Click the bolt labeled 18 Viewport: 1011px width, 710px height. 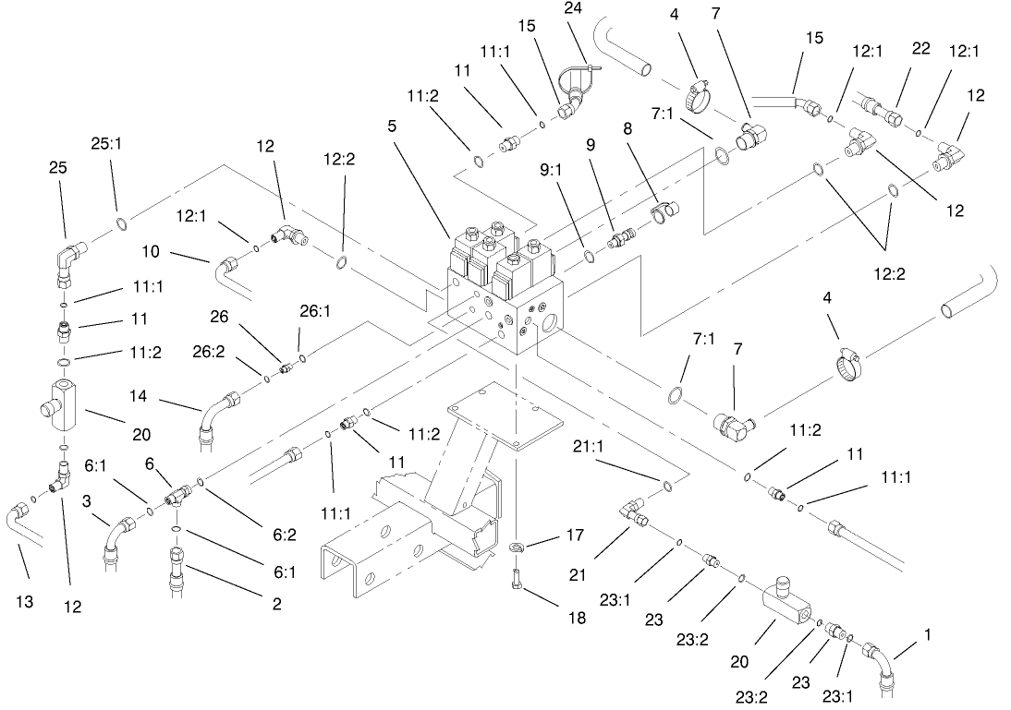tap(518, 578)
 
